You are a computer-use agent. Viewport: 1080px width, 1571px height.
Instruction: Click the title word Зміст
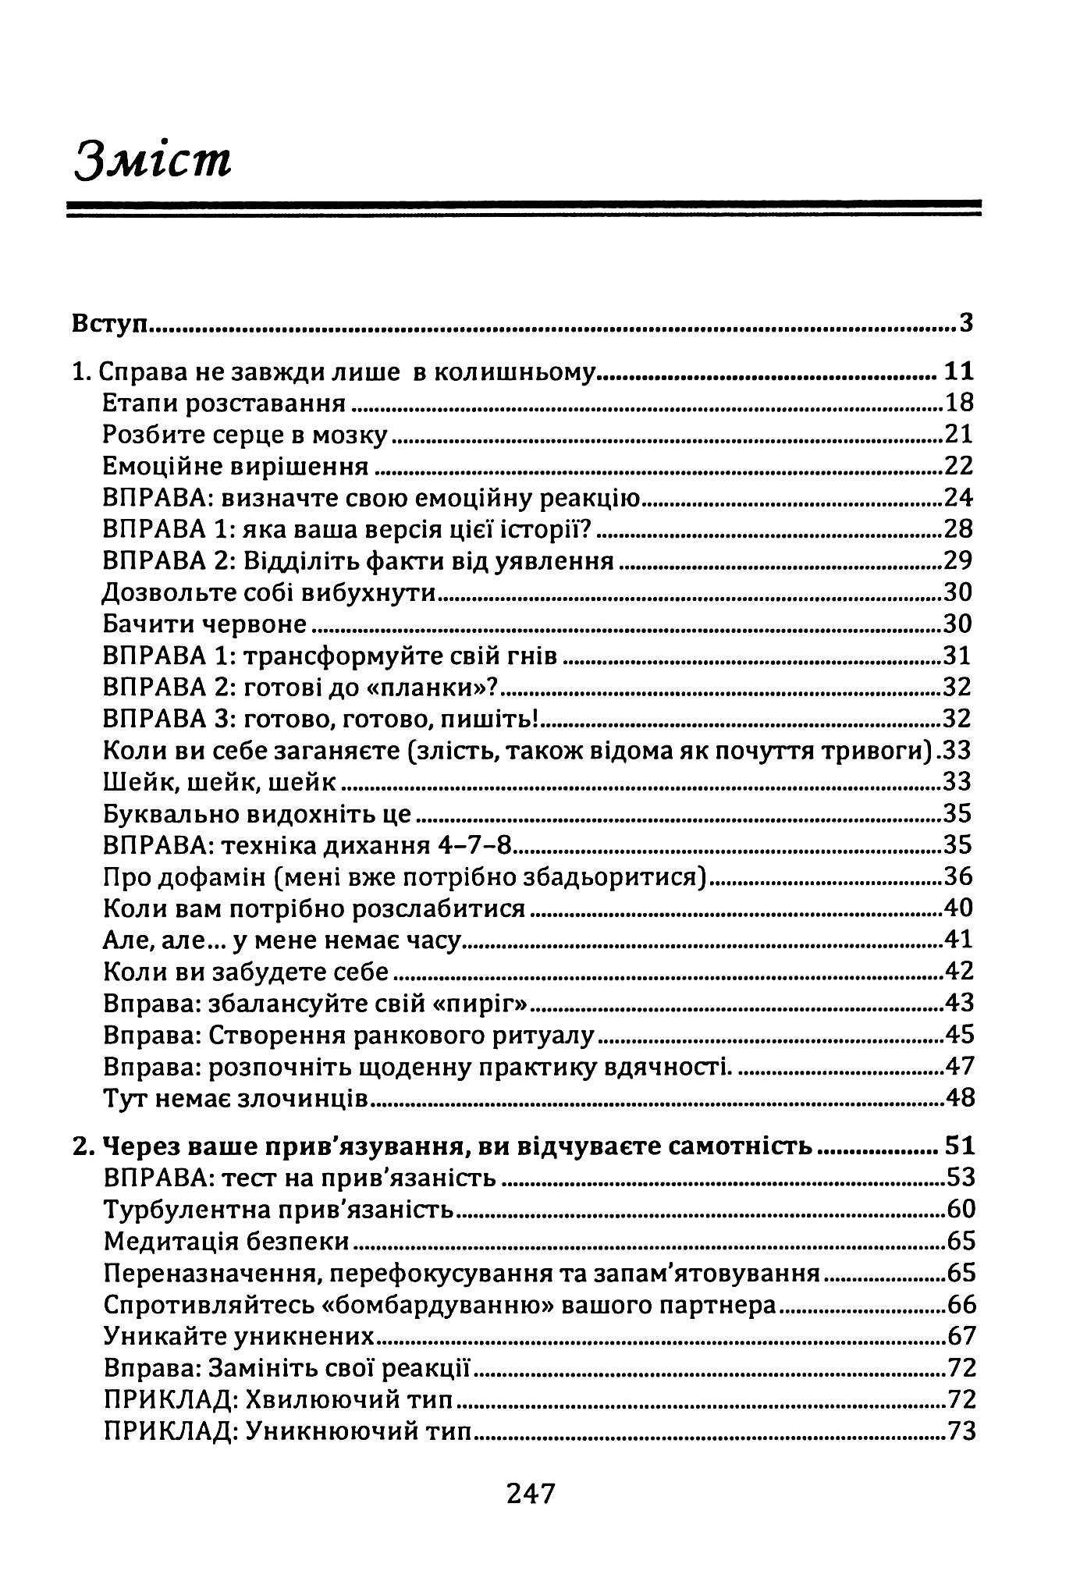pyautogui.click(x=153, y=160)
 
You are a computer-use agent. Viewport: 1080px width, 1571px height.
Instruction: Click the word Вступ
pyautogui.click(x=110, y=323)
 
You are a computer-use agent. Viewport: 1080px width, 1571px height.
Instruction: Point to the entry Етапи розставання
pyautogui.click(x=225, y=403)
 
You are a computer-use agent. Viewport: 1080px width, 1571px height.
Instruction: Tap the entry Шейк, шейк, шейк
pyautogui.click(x=219, y=782)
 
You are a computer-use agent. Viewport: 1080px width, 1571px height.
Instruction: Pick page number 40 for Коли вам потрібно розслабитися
pyautogui.click(x=959, y=908)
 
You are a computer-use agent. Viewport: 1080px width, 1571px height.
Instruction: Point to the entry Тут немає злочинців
pyautogui.click(x=235, y=1098)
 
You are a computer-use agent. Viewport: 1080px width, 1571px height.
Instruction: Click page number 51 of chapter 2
pyautogui.click(x=959, y=1146)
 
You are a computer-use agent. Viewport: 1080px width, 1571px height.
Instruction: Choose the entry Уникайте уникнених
pyautogui.click(x=239, y=1336)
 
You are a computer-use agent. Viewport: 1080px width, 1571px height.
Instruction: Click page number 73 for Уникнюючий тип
pyautogui.click(x=961, y=1431)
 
